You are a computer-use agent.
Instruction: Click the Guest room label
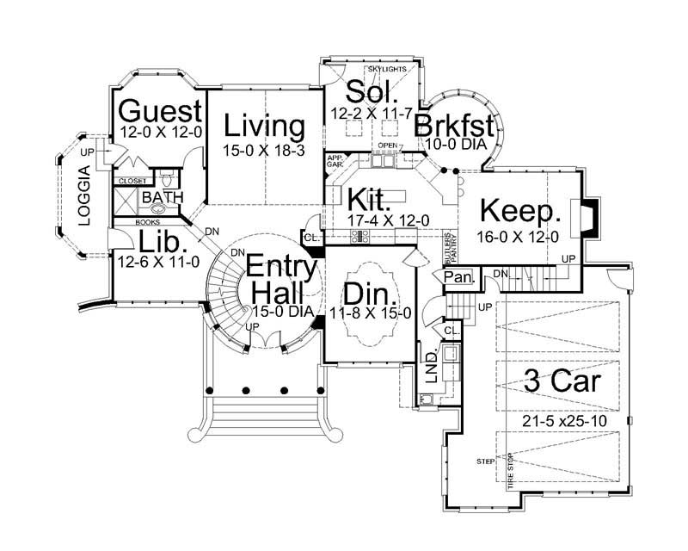(x=160, y=112)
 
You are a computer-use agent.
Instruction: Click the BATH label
(x=163, y=197)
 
